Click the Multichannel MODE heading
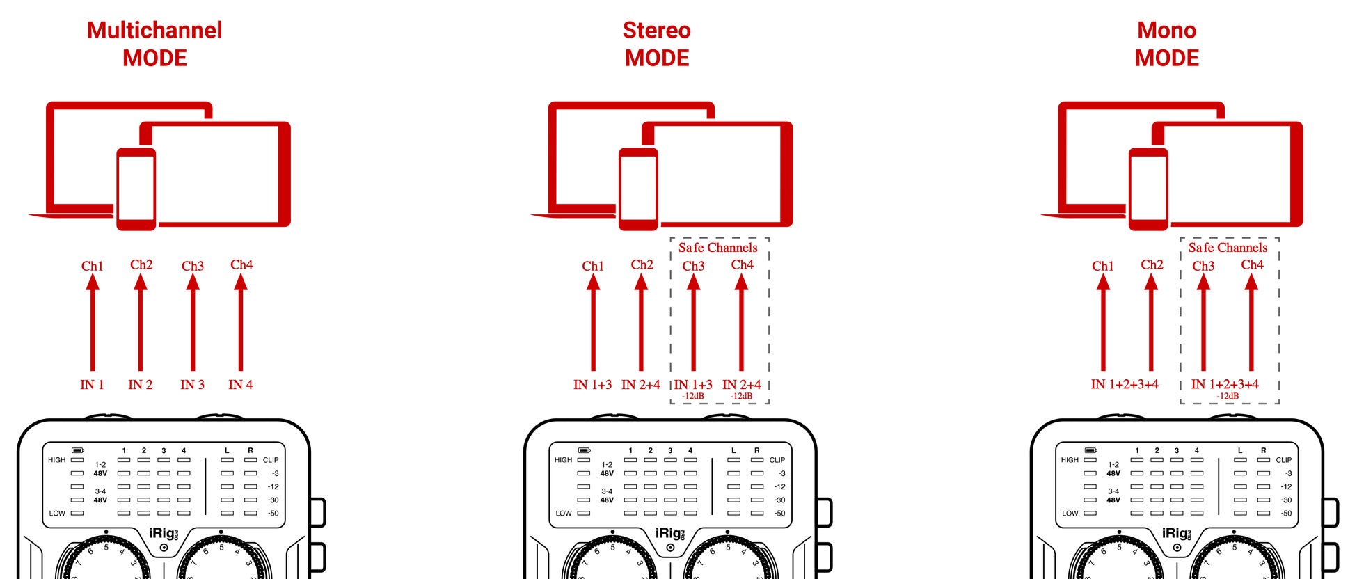click(x=154, y=44)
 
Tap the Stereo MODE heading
click(x=656, y=44)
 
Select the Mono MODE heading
click(x=1166, y=44)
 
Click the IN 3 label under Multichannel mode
click(x=192, y=385)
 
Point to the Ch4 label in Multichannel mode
click(x=241, y=264)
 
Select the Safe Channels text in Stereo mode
click(x=718, y=248)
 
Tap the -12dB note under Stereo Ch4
click(x=741, y=396)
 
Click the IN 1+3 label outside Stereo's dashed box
click(x=592, y=385)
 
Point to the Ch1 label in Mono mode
click(x=1102, y=266)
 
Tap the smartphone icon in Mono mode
click(x=1148, y=189)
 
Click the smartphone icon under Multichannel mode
click(x=136, y=189)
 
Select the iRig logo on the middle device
click(x=669, y=534)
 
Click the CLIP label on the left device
click(x=271, y=460)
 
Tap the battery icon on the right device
click(x=1090, y=450)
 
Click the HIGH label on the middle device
click(x=563, y=460)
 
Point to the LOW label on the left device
click(x=57, y=514)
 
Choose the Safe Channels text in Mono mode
click(x=1228, y=248)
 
